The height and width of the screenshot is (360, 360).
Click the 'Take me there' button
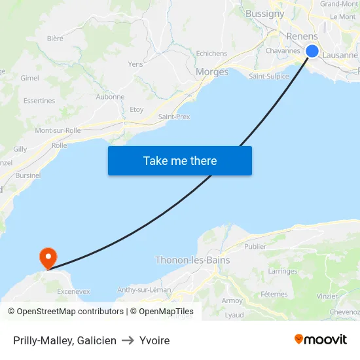pos(180,160)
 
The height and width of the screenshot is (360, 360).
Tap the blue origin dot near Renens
pos(312,51)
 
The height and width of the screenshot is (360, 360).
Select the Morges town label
pos(212,72)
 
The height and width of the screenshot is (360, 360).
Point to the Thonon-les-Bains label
pos(192,260)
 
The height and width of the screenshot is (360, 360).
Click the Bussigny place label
pos(264,13)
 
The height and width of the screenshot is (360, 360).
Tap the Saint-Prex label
pos(174,117)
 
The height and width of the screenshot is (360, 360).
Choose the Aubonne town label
pos(110,97)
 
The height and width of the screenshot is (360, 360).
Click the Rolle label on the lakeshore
pos(59,145)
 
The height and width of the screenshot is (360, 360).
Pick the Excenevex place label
pos(73,290)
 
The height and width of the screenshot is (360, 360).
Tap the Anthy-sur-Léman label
pos(144,289)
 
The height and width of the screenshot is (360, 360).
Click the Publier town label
pos(255,247)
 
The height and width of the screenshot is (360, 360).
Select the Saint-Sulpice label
pos(268,76)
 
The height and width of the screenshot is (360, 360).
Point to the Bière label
pos(55,39)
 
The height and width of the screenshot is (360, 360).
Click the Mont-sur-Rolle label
pos(58,130)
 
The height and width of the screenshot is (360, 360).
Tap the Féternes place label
pos(274,295)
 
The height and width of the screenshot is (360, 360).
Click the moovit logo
pos(321,339)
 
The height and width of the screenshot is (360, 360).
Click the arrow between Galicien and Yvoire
pos(128,340)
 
